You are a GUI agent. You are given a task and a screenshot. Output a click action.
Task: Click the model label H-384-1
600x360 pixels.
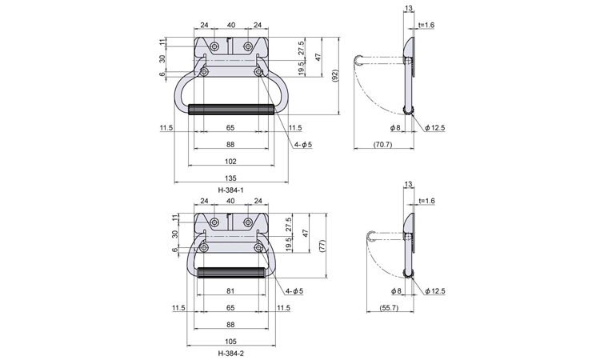[230, 190]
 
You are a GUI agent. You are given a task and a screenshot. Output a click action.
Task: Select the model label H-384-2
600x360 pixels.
[230, 352]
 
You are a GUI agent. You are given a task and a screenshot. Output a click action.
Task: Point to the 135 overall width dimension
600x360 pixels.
[230, 178]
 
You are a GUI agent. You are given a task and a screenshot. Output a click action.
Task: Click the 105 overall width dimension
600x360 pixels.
[230, 340]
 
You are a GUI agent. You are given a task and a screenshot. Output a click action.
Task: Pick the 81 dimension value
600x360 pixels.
[230, 290]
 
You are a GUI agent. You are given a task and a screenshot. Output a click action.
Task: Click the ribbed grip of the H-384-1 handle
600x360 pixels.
[230, 108]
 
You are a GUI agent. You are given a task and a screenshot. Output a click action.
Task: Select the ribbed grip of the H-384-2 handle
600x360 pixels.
[230, 273]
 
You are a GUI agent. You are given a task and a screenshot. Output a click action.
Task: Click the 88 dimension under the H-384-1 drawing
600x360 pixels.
[230, 145]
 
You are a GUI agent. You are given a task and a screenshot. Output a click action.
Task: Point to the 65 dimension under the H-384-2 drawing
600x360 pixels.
[230, 307]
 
